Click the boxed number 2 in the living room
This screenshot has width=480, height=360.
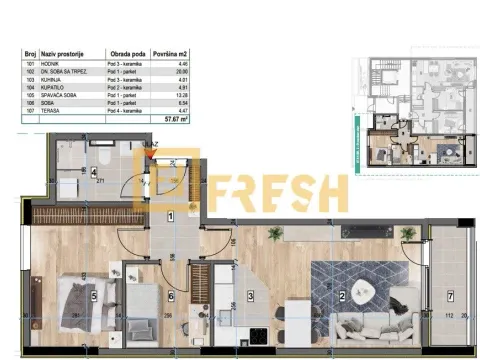point(342,295)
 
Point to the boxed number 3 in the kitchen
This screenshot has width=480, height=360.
point(251,295)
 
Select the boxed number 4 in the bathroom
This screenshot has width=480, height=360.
point(94,172)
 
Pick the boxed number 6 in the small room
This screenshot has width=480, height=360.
point(170,295)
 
